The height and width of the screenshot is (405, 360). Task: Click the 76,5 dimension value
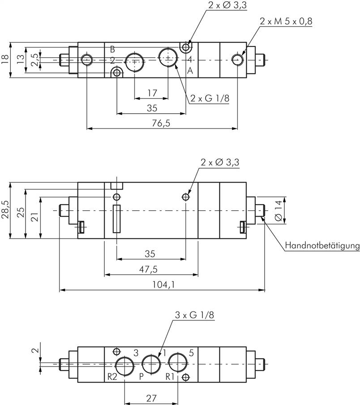coord(161,123)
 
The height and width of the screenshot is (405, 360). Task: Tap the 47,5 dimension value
coord(150,269)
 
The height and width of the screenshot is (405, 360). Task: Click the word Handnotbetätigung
coord(322,245)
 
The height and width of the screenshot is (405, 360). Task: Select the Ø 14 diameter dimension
coord(279,210)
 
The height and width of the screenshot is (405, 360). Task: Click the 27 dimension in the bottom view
coord(150,396)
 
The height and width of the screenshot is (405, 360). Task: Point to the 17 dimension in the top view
coord(152,93)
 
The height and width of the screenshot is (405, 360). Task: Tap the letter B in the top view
coord(112,49)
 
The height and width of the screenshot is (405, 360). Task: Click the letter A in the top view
coord(190,71)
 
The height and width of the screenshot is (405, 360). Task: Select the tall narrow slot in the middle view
coord(117,219)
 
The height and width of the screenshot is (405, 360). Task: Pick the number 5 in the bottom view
coord(191,353)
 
